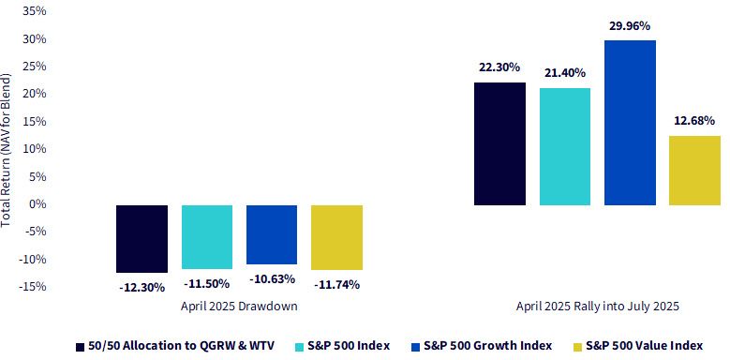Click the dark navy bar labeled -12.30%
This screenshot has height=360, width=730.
click(x=142, y=238)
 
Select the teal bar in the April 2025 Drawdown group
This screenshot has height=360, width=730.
click(x=207, y=236)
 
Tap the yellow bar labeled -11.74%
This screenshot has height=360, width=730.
click(x=336, y=237)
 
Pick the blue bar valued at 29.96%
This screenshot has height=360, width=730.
click(x=630, y=123)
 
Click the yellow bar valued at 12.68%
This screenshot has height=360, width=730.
click(x=694, y=171)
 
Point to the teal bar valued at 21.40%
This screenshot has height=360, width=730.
click(x=565, y=146)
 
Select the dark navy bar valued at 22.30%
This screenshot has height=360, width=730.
click(x=499, y=144)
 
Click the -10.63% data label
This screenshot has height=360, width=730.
click(x=272, y=279)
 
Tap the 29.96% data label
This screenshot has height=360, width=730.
click(x=630, y=26)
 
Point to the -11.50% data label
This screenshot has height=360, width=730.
click(x=207, y=284)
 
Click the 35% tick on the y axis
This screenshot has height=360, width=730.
click(x=35, y=10)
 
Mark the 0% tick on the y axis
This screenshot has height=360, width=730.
click(x=37, y=204)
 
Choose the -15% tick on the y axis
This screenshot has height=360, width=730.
click(x=33, y=287)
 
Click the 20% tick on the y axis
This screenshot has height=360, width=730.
click(x=35, y=94)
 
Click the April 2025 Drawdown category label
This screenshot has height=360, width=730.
click(x=239, y=307)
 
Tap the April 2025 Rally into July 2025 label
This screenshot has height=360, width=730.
click(x=597, y=307)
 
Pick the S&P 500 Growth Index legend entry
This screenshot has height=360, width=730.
click(x=482, y=346)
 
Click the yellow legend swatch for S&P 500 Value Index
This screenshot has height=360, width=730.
click(x=578, y=347)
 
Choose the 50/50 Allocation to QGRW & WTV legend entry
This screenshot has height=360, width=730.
click(x=175, y=346)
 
